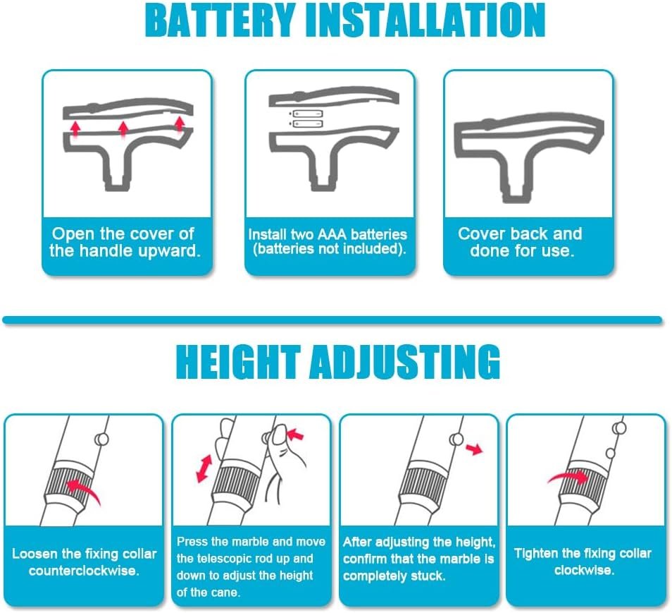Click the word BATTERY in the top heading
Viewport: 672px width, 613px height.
[220, 21]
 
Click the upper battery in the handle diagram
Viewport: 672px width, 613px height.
[306, 114]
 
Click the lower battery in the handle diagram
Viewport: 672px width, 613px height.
[306, 124]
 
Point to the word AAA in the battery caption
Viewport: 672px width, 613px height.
[332, 234]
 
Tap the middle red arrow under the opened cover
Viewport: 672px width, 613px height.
[123, 129]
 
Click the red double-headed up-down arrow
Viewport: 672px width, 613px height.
[204, 469]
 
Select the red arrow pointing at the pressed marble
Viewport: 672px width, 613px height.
[295, 435]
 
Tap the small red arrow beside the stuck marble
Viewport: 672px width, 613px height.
[475, 449]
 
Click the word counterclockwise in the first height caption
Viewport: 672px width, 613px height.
[84, 571]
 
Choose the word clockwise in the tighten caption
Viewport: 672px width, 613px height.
[585, 570]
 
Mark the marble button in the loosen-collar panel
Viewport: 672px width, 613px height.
[101, 439]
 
